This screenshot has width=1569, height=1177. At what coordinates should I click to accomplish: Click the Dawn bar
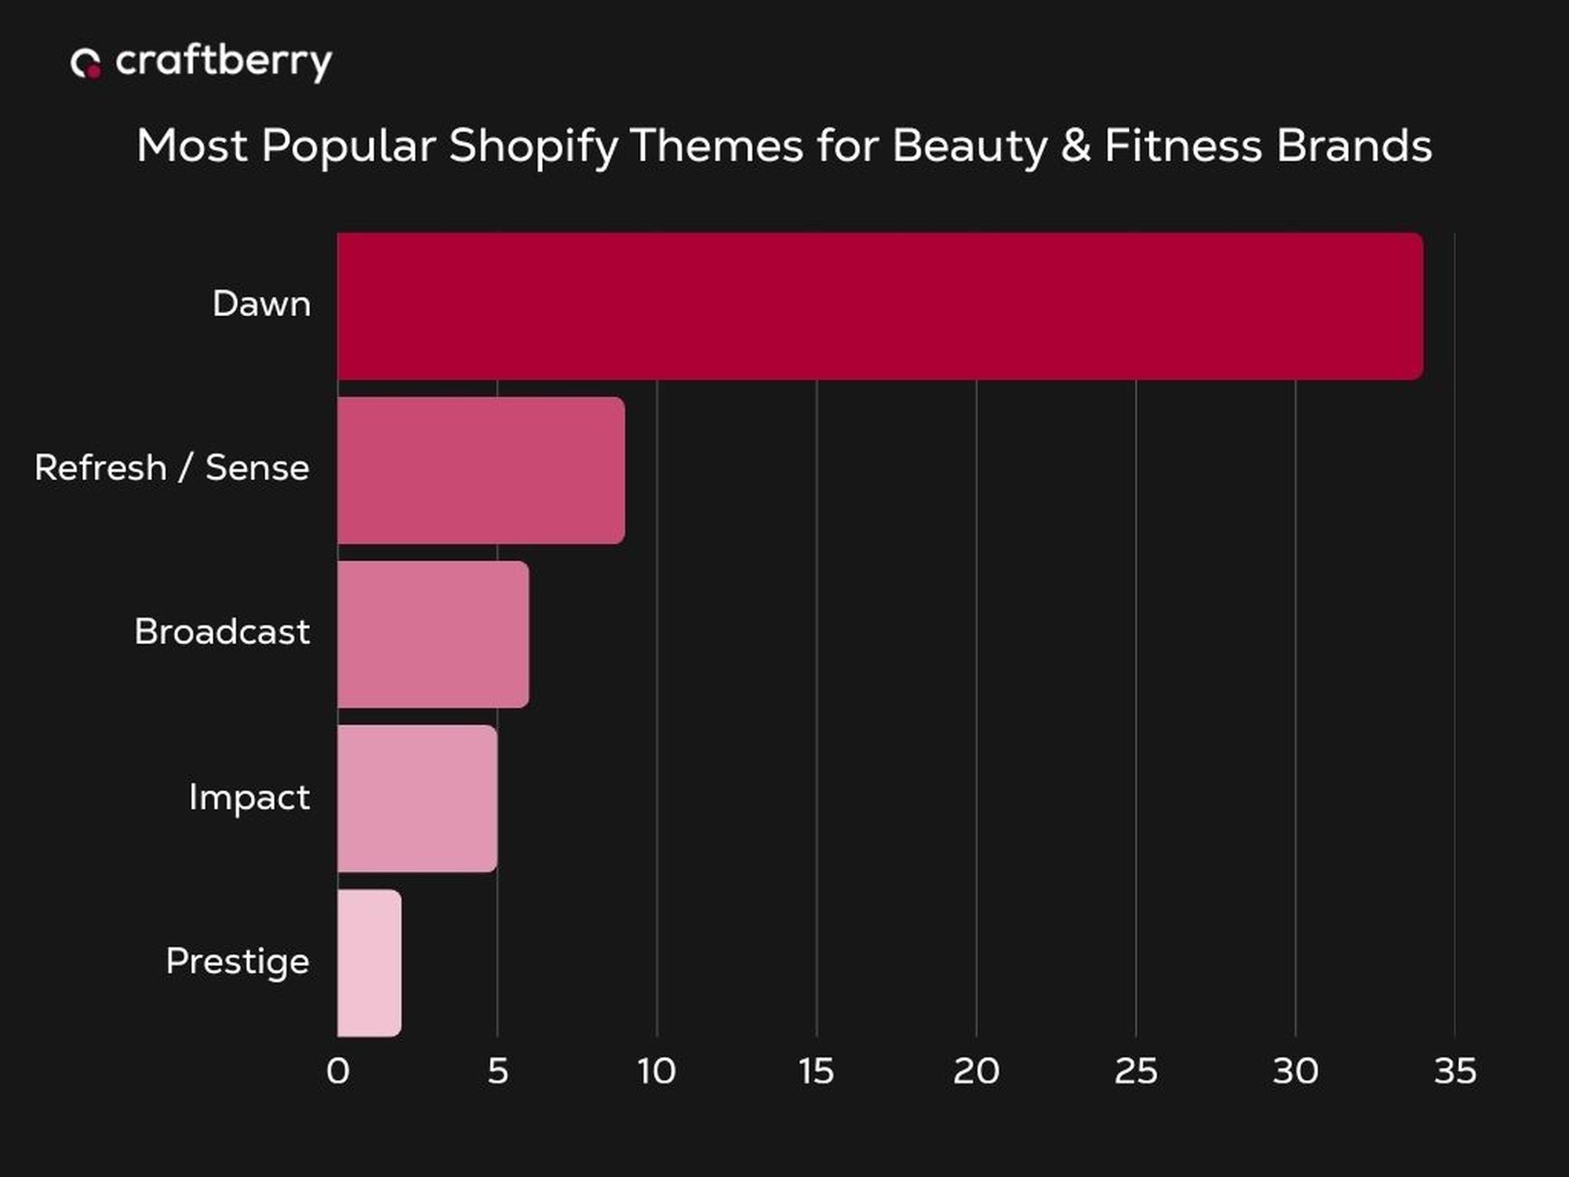click(879, 306)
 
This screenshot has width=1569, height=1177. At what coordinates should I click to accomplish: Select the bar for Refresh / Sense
click(481, 470)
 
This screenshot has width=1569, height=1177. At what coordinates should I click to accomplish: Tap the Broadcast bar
click(433, 634)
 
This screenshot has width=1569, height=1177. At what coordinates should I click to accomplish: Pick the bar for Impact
click(417, 798)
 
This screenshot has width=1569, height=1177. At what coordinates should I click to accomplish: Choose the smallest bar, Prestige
click(369, 963)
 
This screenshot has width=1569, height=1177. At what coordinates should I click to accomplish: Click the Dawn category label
click(261, 304)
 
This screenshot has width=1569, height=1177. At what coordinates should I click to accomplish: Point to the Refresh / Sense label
click(172, 468)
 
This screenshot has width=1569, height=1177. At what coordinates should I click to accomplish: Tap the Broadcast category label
click(222, 632)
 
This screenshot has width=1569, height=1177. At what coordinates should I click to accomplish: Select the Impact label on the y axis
click(249, 797)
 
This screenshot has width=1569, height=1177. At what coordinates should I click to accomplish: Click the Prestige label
click(238, 962)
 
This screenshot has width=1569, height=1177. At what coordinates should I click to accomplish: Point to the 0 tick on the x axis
click(338, 1071)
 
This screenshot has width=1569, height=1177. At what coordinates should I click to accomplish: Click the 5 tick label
click(497, 1071)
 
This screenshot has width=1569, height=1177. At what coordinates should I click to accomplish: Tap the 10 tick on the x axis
click(657, 1071)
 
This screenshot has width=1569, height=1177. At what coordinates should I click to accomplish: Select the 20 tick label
click(976, 1071)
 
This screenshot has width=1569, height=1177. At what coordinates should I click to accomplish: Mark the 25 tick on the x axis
click(1135, 1071)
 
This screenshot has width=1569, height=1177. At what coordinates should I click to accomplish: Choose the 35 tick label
click(1455, 1071)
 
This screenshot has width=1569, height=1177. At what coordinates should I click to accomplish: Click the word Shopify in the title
click(533, 147)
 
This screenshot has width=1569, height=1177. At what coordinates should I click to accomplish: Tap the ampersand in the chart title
click(1076, 146)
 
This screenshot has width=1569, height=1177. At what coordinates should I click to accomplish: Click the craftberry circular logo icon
click(86, 63)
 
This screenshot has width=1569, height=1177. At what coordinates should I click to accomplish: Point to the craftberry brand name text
click(224, 61)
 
